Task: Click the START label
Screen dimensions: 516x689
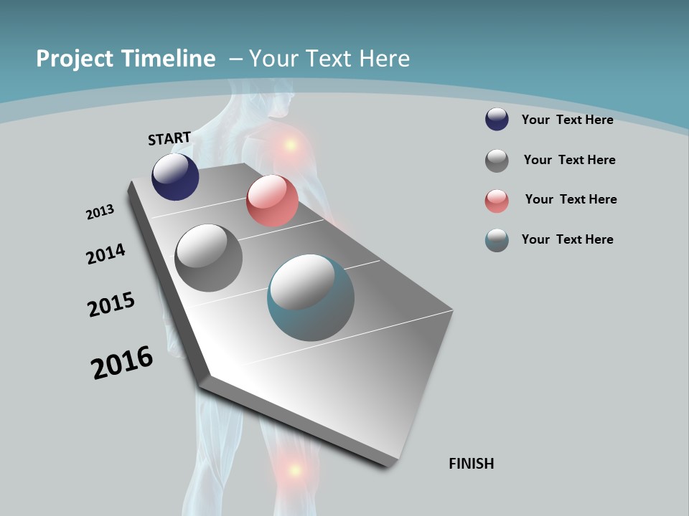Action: tap(169, 138)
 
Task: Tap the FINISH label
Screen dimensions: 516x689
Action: tap(471, 464)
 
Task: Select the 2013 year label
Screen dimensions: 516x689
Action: tap(100, 212)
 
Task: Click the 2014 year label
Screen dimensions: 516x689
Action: tap(106, 254)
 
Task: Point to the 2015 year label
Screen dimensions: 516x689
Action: tap(111, 305)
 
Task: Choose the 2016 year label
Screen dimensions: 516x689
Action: tap(122, 362)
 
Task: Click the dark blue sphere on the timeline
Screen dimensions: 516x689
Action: tap(175, 177)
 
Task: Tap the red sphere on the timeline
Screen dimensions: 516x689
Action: tap(272, 201)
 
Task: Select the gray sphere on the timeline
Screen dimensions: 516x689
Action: tap(208, 258)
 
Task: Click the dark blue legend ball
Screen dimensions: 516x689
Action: tap(497, 119)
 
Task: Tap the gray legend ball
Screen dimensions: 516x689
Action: tap(497, 161)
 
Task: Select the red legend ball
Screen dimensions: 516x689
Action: tap(497, 201)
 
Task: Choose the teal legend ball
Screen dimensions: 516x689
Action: tap(497, 240)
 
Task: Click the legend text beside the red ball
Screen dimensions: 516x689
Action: tap(571, 199)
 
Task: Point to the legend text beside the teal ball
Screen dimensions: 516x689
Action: tap(567, 239)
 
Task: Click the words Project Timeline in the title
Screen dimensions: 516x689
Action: tap(126, 59)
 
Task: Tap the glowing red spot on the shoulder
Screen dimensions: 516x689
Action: tap(290, 145)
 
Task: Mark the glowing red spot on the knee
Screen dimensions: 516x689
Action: tap(294, 470)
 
